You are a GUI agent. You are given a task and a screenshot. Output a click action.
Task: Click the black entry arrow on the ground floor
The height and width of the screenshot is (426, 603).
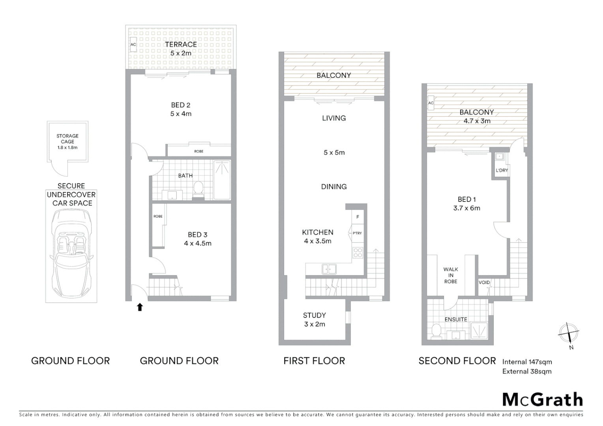click(140, 307)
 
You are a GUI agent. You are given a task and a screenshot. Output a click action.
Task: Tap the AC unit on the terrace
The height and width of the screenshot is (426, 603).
click(133, 45)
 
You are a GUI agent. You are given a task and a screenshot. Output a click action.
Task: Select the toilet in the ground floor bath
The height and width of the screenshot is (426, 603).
click(198, 188)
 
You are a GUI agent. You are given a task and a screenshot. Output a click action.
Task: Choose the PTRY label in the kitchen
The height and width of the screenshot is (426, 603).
click(357, 233)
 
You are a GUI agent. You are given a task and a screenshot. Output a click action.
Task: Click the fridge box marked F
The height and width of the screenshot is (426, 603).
click(358, 217)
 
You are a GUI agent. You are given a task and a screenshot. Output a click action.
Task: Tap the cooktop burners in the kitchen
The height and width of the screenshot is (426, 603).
click(358, 253)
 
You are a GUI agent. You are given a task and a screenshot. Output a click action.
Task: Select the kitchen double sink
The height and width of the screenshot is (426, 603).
click(329, 269)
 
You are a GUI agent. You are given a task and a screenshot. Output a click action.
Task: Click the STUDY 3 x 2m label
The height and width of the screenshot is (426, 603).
click(315, 320)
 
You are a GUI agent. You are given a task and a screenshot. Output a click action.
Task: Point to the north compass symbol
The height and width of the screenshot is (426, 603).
click(568, 334)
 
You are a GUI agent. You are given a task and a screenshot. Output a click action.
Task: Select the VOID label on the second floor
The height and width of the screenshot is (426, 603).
click(484, 282)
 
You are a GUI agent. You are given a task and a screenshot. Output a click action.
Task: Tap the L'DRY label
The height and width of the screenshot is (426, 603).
click(502, 170)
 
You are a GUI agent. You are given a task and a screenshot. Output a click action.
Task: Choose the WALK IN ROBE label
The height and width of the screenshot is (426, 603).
click(451, 275)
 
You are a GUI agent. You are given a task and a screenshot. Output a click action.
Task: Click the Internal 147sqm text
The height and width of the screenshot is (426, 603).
click(527, 362)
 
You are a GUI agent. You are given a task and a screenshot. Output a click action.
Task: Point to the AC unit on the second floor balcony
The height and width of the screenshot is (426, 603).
click(431, 103)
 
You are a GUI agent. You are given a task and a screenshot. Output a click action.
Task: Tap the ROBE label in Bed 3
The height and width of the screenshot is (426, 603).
click(158, 217)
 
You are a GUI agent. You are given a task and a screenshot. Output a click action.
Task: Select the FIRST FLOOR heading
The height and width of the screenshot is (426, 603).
click(314, 361)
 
